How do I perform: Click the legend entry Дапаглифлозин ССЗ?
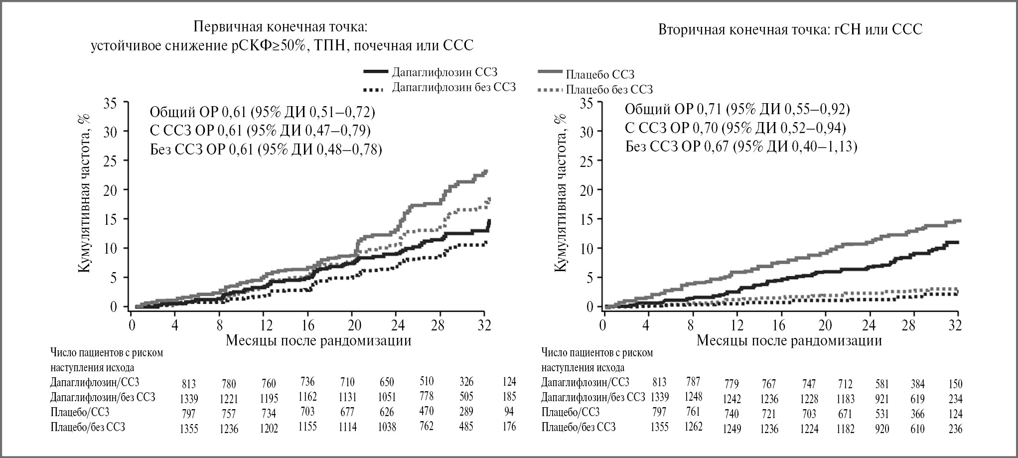tap(444, 73)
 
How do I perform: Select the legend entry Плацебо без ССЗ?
tap(609, 90)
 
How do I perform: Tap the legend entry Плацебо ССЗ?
tap(600, 75)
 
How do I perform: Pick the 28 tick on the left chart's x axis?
tap(437, 325)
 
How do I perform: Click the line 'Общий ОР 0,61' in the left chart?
tap(263, 112)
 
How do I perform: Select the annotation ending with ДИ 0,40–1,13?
tap(741, 147)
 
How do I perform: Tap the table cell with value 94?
tap(509, 412)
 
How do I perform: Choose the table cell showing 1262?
tap(693, 427)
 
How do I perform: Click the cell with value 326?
tap(466, 382)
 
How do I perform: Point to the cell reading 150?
tap(955, 384)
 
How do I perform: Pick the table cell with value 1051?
tap(387, 397)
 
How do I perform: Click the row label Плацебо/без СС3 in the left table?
tap(88, 427)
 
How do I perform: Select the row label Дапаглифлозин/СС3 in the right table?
tap(585, 382)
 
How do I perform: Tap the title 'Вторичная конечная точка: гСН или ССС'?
tap(790, 30)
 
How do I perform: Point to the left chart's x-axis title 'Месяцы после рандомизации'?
tap(319, 341)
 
